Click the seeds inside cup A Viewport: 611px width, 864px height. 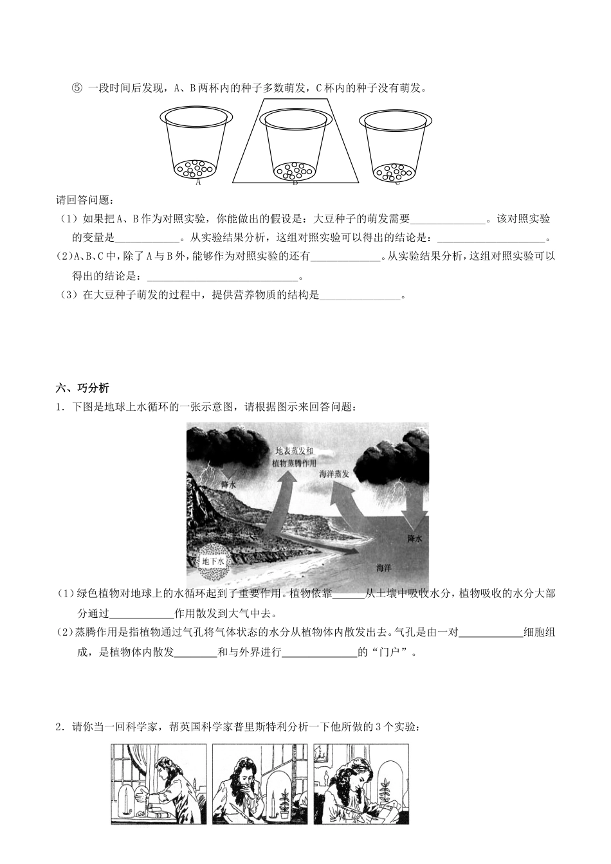(196, 168)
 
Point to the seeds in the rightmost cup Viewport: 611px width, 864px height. (393, 172)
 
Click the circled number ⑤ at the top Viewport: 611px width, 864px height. (77, 88)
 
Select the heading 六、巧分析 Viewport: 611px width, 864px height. (83, 388)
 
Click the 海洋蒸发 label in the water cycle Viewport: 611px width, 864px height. (334, 473)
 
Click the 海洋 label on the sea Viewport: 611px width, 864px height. (384, 568)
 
